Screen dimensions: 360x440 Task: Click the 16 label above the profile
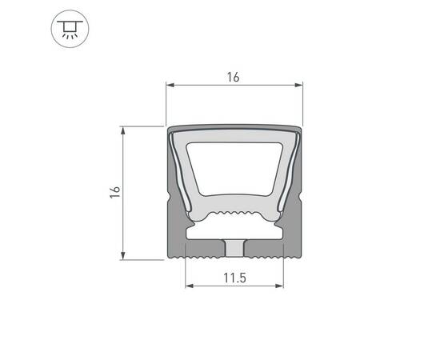click(234, 78)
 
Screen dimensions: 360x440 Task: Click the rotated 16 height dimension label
click(115, 192)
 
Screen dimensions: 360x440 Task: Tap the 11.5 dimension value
click(234, 278)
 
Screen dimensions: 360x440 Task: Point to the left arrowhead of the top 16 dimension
click(169, 84)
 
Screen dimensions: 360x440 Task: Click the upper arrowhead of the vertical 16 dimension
click(122, 129)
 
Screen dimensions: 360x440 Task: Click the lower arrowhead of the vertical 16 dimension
click(122, 256)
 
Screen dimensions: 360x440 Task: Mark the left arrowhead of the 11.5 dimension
click(188, 286)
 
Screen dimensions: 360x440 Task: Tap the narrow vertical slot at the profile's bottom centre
click(234, 249)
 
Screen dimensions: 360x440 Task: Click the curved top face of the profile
click(234, 129)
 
